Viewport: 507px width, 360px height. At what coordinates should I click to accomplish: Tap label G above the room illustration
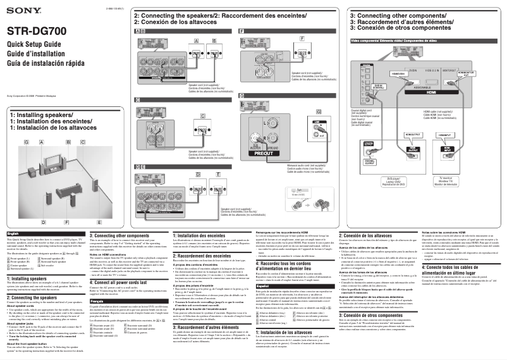coord(25,142)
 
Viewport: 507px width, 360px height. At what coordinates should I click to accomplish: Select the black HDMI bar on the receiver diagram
coord(431,91)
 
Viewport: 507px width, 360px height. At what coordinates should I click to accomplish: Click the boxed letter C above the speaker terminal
coord(138,100)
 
